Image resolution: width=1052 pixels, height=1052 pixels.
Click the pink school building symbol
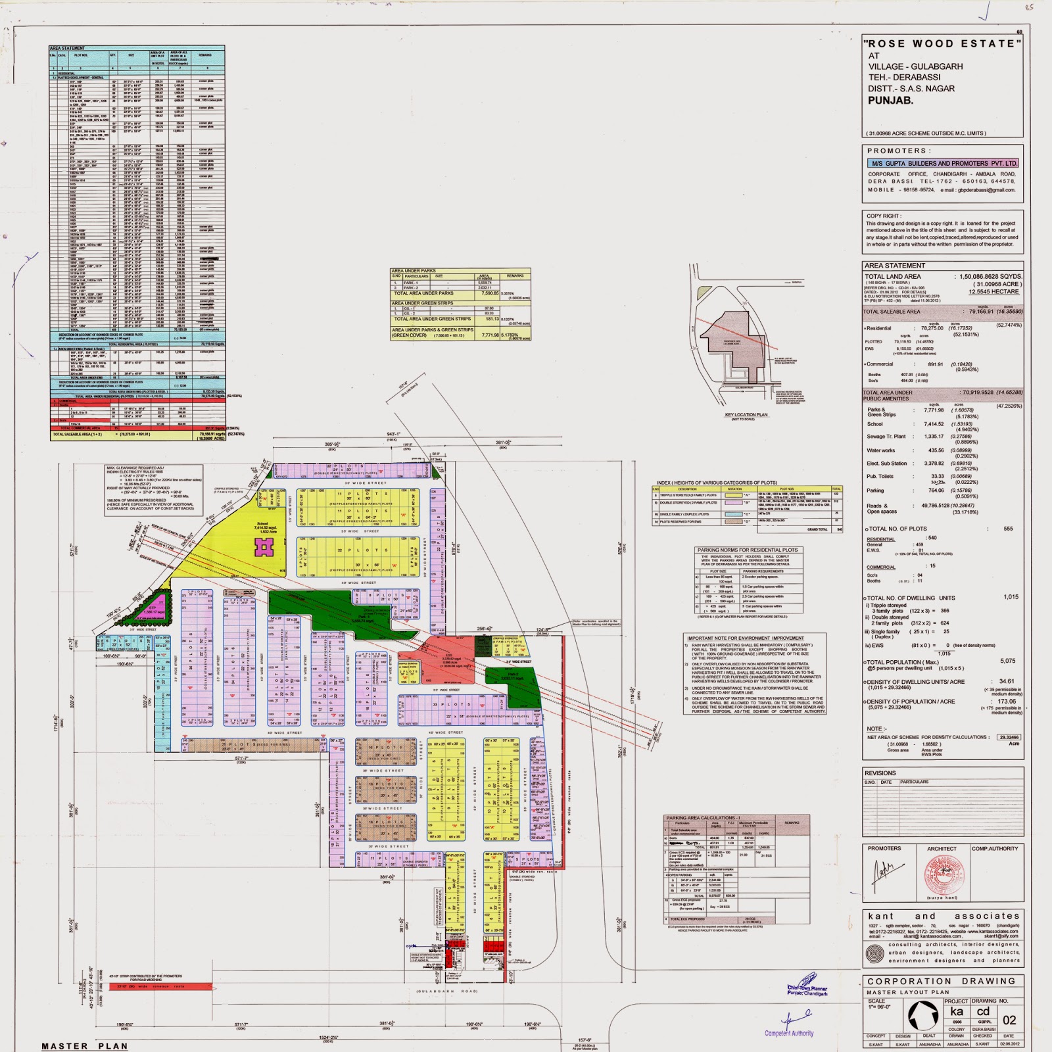tap(264, 546)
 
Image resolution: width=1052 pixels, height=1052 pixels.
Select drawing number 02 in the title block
tap(1009, 1020)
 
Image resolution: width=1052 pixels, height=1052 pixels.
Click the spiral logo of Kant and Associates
tap(874, 953)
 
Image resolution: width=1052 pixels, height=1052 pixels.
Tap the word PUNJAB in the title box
tap(891, 101)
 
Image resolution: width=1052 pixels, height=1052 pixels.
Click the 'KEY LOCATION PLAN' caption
tap(746, 415)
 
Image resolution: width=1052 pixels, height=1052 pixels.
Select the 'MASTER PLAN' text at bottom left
tap(85, 1045)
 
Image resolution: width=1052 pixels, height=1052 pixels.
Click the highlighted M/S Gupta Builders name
tap(943, 163)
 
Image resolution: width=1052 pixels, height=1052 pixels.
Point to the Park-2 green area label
tap(512, 676)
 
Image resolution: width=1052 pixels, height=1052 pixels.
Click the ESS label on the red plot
tap(449, 656)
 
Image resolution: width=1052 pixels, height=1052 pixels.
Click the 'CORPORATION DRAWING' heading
tap(942, 980)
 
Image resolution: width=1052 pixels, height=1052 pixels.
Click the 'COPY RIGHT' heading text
tap(884, 216)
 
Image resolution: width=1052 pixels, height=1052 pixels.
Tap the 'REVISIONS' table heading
tap(880, 773)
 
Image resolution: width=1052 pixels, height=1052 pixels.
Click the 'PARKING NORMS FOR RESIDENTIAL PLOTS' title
tap(748, 550)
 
